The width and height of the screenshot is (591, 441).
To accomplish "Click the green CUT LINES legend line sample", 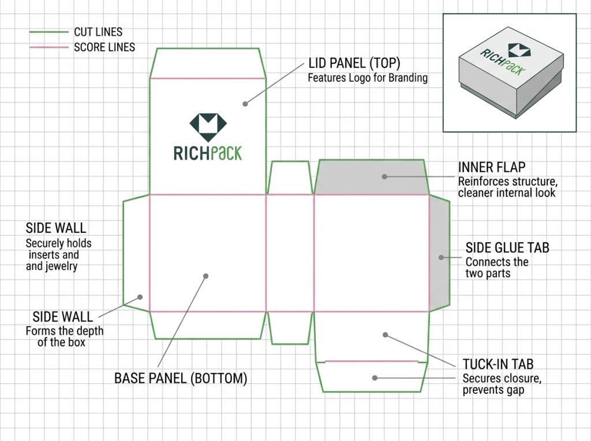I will click(49, 32).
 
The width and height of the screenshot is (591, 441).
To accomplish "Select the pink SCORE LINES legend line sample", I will click(49, 47).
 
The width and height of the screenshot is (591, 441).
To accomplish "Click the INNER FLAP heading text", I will click(492, 167).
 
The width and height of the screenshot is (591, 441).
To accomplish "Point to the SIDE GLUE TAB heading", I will click(507, 248).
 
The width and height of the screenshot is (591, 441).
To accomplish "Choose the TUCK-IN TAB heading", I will click(498, 364).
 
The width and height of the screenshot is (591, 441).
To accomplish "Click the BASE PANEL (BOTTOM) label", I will click(181, 379).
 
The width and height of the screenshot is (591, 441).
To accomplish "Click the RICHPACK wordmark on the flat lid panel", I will click(208, 153).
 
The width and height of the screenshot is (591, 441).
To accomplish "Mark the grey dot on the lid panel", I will click(245, 104).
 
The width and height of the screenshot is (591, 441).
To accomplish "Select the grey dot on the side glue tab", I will click(441, 258).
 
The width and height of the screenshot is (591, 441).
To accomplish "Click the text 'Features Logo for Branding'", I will click(368, 78).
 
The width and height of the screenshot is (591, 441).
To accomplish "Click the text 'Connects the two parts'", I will click(497, 267).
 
